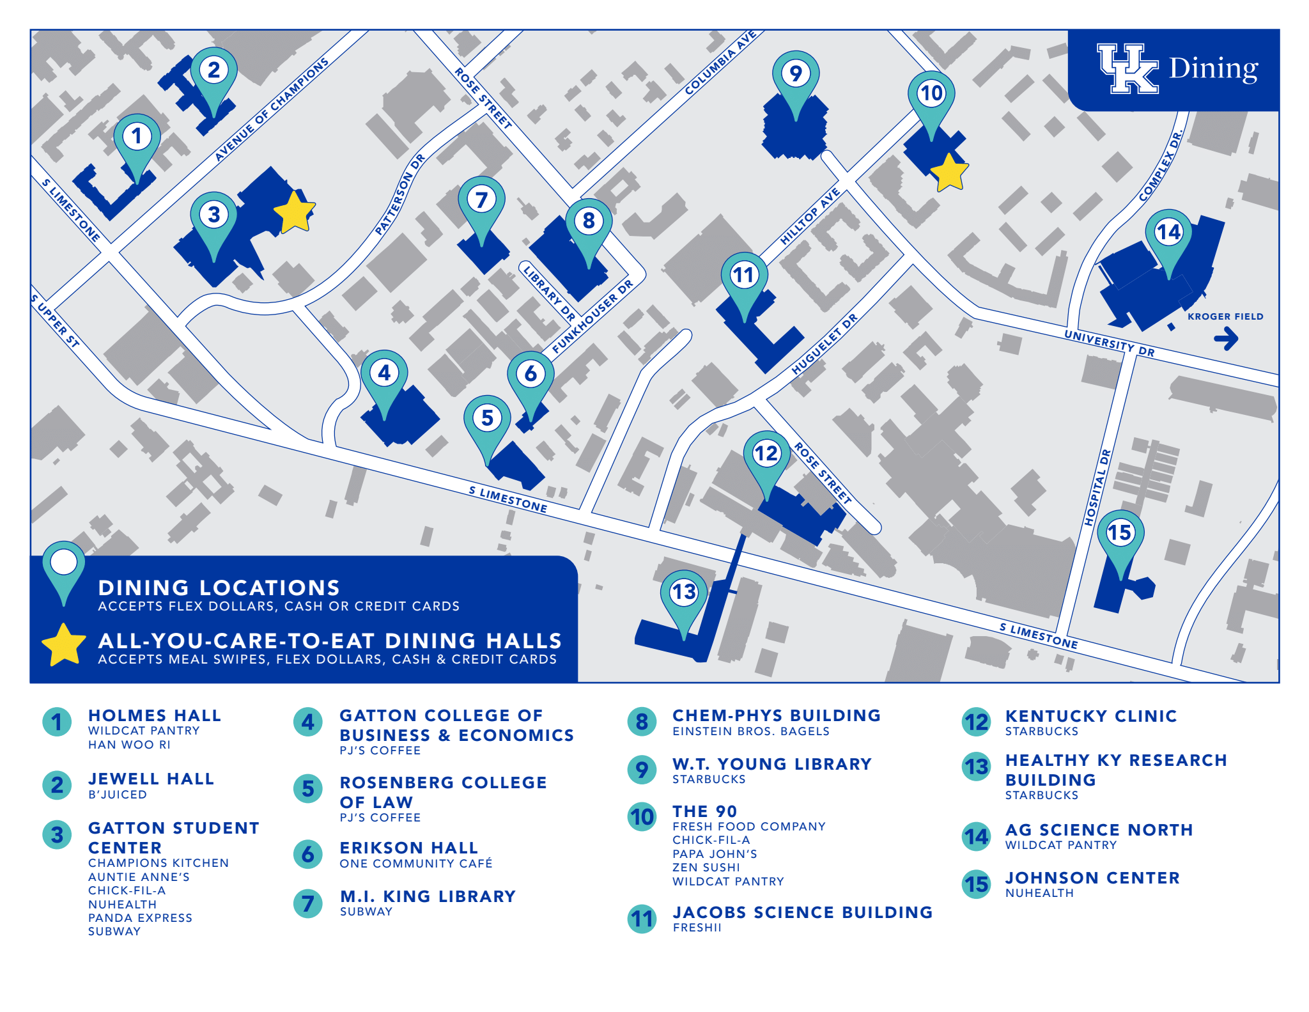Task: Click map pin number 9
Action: coord(795,75)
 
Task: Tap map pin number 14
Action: coord(1168,233)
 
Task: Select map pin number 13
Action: coord(683,593)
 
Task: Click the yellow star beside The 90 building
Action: coord(949,173)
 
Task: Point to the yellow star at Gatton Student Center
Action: coord(295,211)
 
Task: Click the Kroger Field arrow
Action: coord(1226,338)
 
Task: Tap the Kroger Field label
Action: coord(1225,316)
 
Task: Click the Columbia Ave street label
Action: coord(720,63)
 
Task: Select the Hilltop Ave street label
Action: coord(810,217)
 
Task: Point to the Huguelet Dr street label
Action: coord(825,345)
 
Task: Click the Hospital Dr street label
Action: coord(1098,488)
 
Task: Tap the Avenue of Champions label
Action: coord(272,109)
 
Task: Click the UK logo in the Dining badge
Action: coord(1127,69)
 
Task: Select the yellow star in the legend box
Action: coord(63,644)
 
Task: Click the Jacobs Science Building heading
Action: coord(802,912)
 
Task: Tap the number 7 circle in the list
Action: coord(308,903)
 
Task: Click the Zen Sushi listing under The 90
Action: coord(706,868)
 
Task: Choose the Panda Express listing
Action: coord(140,918)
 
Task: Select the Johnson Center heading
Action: coord(1092,878)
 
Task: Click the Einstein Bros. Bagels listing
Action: coord(750,731)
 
